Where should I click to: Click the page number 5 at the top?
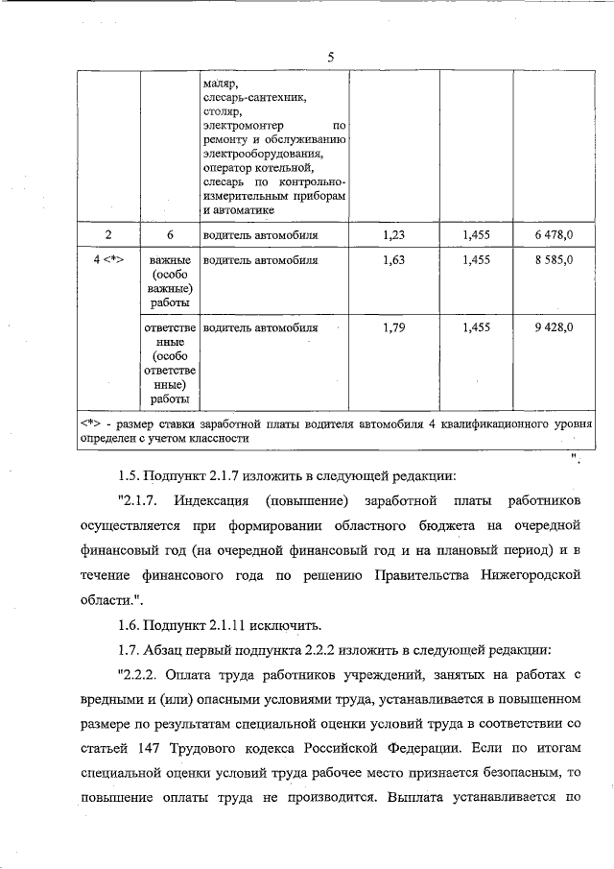330,57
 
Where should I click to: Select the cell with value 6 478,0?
554,234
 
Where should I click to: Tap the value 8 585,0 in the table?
554,260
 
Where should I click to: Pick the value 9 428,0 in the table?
554,327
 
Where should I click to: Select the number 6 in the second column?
169,234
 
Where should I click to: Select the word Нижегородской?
531,574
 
